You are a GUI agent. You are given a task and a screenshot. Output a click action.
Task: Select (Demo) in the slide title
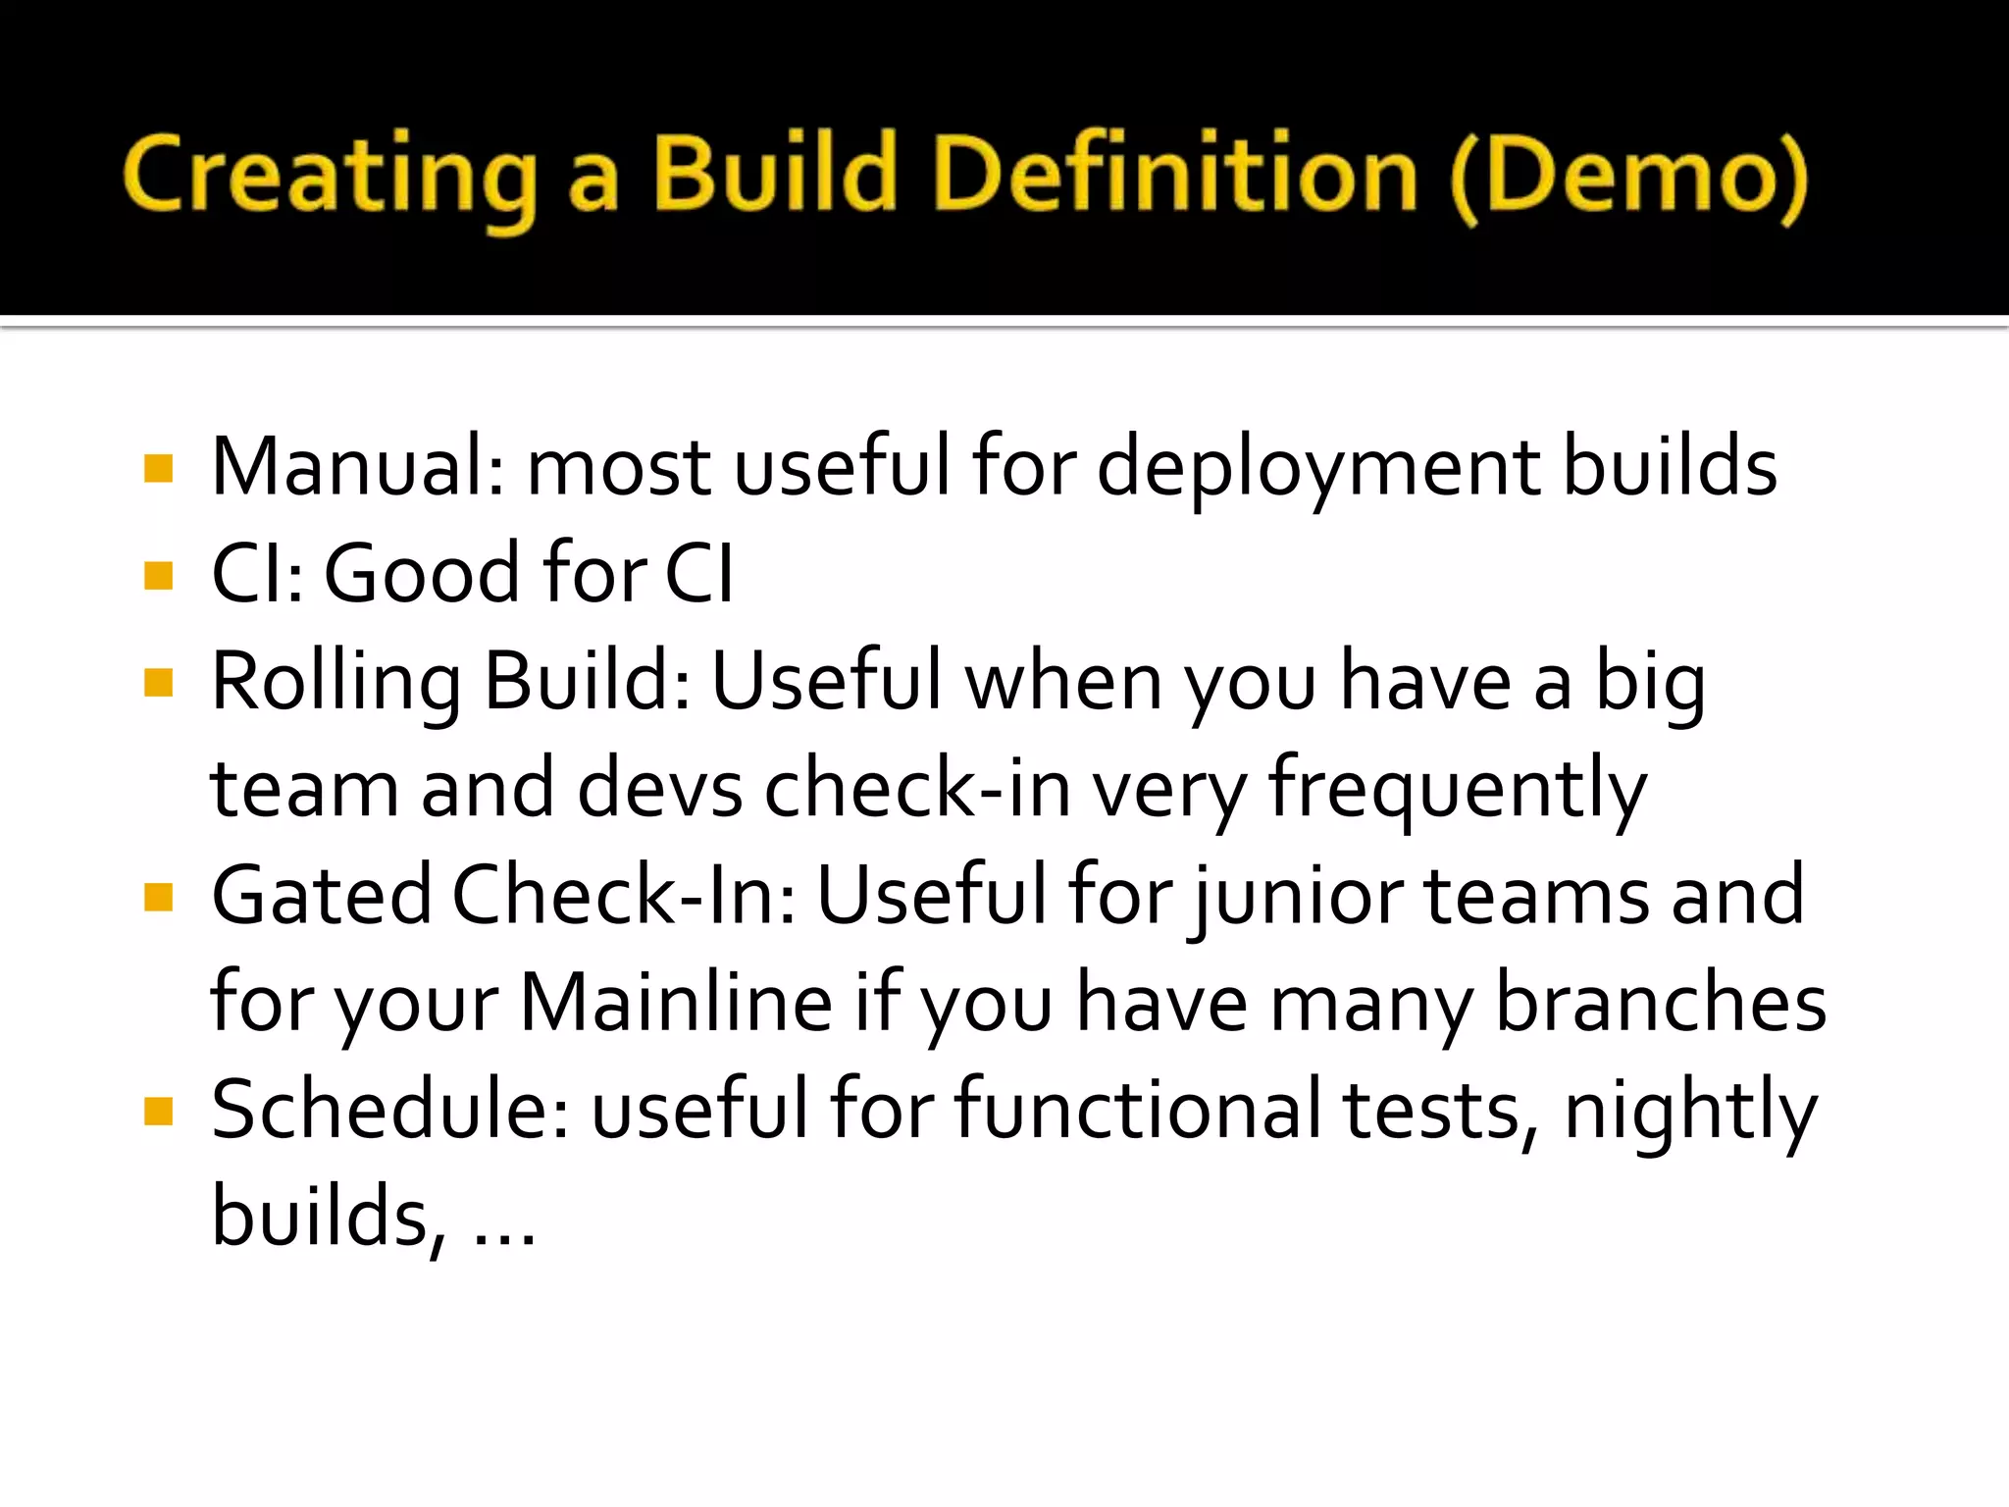point(1628,177)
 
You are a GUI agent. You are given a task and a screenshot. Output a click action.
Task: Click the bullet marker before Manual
point(158,469)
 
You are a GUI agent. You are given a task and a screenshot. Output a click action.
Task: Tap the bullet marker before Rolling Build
point(158,682)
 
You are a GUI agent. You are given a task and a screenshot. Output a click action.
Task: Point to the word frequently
point(1457,791)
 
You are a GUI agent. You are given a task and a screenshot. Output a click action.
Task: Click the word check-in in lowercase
point(916,789)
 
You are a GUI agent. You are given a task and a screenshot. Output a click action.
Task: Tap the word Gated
point(322,897)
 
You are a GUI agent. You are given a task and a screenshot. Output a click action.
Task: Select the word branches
point(1660,1003)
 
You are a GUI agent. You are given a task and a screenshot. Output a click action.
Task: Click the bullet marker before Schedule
point(158,1112)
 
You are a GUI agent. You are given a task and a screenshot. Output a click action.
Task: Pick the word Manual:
point(358,469)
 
